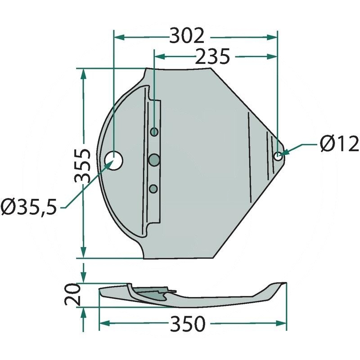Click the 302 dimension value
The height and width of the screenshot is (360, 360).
[x=187, y=36]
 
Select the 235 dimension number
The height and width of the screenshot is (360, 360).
[x=212, y=56]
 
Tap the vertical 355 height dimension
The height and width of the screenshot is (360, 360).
[x=82, y=165]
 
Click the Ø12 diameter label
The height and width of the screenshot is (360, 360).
[x=339, y=144]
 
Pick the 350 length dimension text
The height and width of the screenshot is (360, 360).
[x=187, y=324]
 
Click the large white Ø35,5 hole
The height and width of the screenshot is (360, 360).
[x=113, y=161]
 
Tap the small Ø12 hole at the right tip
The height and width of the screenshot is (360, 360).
[x=278, y=156]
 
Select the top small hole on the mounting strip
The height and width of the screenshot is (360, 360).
[x=154, y=132]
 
